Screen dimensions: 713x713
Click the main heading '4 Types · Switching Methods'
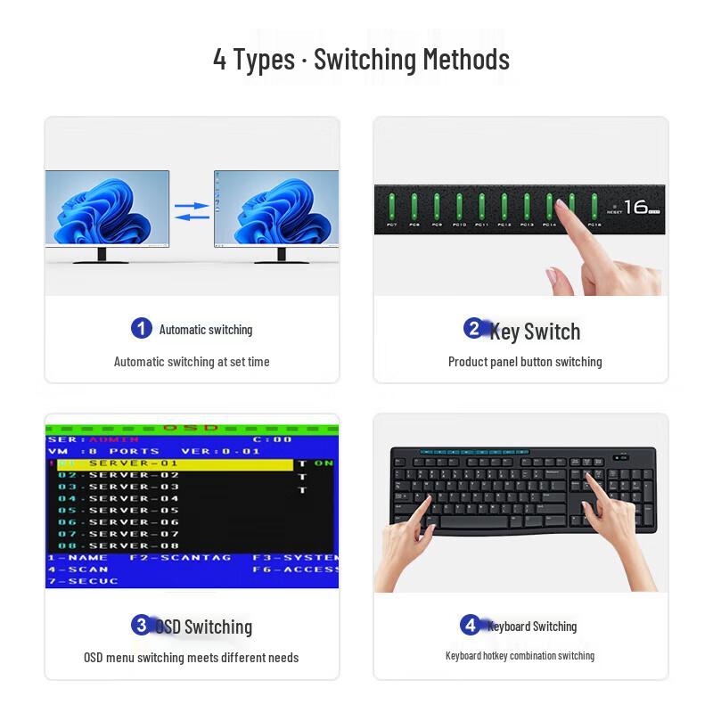361,60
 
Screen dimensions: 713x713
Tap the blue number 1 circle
141,329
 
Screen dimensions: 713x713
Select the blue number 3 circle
141,625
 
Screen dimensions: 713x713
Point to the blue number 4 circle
471,625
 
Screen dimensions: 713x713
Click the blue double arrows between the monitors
192,211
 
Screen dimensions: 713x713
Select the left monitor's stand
101,257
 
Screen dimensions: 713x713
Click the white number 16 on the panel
635,207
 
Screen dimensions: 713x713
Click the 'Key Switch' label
535,332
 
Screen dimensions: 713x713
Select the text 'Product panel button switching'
525,362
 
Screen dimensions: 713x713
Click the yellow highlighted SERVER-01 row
174,463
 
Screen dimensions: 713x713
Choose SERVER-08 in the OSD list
134,545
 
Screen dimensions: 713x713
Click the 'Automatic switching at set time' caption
192,362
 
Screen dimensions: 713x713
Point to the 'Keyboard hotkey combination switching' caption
520,656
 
